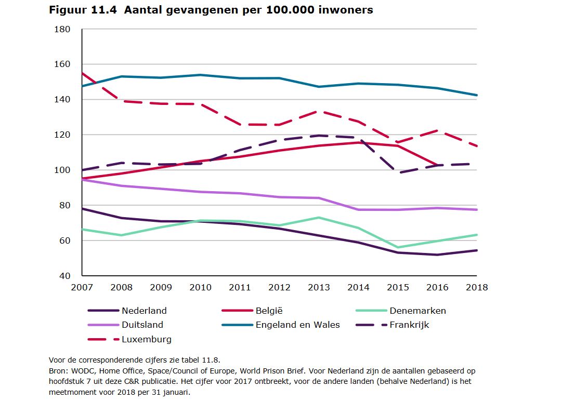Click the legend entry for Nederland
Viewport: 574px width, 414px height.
[x=144, y=311]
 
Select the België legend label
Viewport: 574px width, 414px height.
[x=269, y=311]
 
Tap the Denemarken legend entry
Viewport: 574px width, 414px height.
[x=418, y=311]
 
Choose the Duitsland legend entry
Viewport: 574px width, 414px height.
[x=142, y=325]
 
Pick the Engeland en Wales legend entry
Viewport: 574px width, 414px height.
[x=297, y=325]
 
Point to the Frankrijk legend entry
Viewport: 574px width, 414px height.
[x=409, y=325]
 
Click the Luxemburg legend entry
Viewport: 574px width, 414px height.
[x=146, y=340]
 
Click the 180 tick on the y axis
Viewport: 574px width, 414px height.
[x=62, y=29]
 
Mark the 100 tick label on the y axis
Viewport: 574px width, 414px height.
[x=62, y=170]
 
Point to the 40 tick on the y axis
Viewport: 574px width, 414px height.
[x=65, y=276]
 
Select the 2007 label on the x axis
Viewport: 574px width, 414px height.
[x=82, y=287]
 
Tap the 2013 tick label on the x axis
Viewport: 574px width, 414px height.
[x=319, y=287]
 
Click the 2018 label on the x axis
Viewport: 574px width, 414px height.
[x=477, y=287]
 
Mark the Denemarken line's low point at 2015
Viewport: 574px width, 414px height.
[x=398, y=247]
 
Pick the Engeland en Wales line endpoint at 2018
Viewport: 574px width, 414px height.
[x=477, y=95]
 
